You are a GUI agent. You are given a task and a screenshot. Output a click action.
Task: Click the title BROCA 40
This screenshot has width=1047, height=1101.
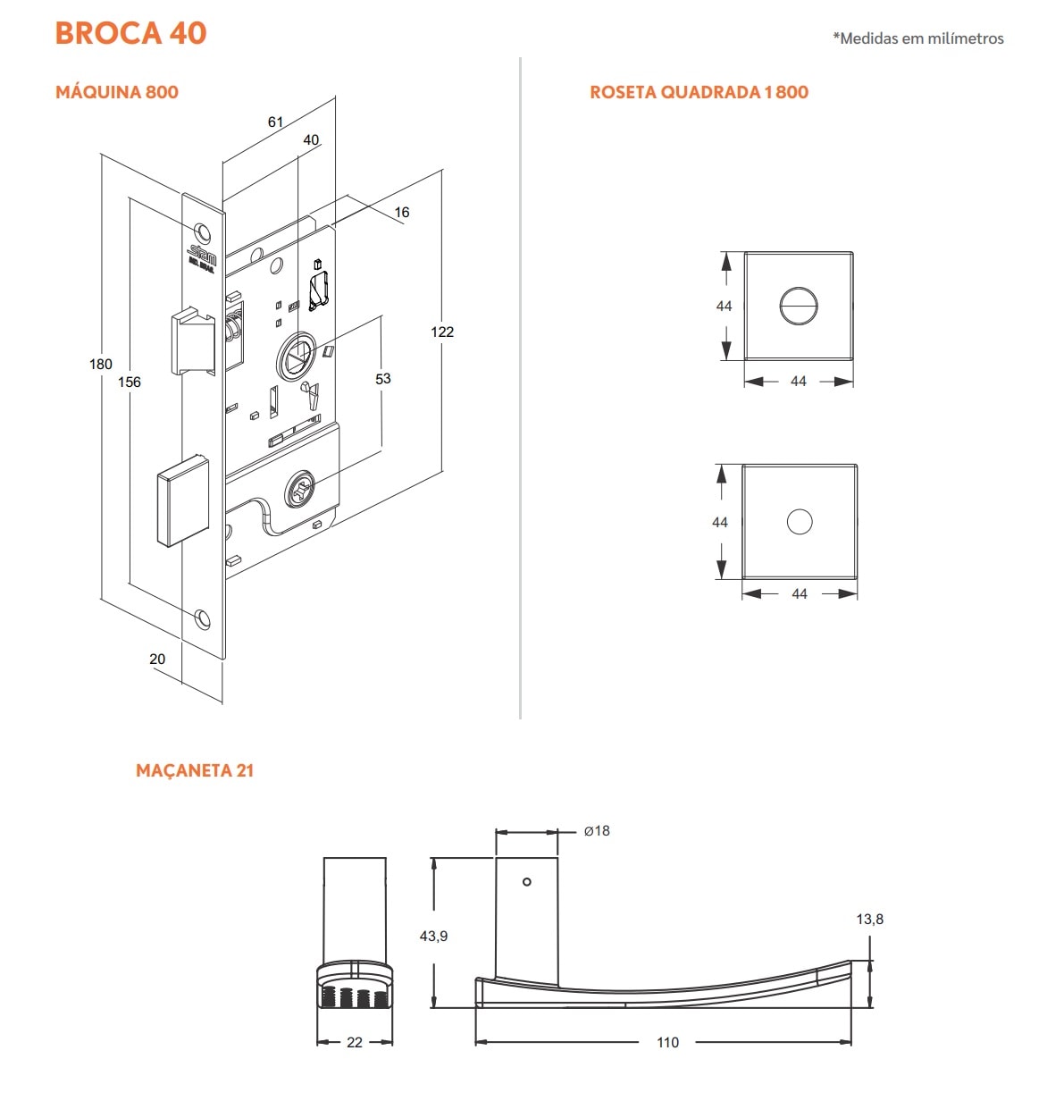[x=130, y=33]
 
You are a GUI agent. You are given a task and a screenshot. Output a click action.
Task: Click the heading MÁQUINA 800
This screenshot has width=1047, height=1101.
[x=117, y=92]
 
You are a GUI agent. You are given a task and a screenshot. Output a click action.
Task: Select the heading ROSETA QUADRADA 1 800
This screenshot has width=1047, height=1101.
[x=699, y=92]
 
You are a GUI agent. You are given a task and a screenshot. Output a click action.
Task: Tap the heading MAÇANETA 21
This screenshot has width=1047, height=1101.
[x=195, y=770]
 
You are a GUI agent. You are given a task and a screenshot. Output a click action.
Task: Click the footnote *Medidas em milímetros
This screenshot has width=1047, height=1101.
[x=917, y=38]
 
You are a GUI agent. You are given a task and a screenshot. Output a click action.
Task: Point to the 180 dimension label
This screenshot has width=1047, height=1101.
[x=101, y=364]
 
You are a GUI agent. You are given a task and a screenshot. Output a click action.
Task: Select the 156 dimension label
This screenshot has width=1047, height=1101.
[x=130, y=382]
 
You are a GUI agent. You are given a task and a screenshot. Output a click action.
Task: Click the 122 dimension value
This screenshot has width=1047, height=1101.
[x=442, y=332]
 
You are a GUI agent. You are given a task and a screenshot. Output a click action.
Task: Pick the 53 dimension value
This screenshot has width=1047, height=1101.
[x=383, y=379]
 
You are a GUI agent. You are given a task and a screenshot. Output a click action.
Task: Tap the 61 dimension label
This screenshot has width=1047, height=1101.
[x=275, y=122]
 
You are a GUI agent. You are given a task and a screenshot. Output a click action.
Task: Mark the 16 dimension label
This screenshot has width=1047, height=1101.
[x=402, y=212]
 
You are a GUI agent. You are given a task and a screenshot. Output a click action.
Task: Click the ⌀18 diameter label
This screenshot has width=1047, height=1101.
[x=597, y=830]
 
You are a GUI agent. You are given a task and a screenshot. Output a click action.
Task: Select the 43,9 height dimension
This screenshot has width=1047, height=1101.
[x=433, y=936]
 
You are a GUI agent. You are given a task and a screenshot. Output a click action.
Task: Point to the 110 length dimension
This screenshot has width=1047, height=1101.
[x=667, y=1042]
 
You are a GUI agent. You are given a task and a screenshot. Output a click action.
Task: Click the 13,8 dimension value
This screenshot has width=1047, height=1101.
[x=869, y=919]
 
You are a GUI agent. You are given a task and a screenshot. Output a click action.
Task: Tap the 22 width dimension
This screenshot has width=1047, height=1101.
[x=355, y=1042]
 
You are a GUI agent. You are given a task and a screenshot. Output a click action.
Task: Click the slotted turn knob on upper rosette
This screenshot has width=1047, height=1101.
[x=798, y=307]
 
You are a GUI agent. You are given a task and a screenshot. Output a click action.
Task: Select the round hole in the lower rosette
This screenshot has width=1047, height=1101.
[x=800, y=522]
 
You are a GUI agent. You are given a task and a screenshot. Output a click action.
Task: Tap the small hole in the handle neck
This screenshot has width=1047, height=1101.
[x=527, y=882]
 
